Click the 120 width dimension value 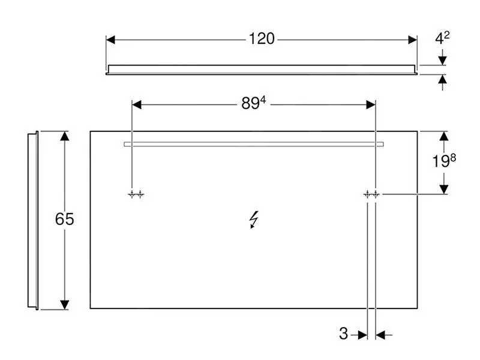pyautogui.click(x=262, y=39)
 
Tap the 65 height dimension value pyautogui.click(x=64, y=220)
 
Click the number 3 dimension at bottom pyautogui.click(x=343, y=334)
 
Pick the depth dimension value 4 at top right pyautogui.click(x=442, y=39)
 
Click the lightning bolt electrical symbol pyautogui.click(x=254, y=220)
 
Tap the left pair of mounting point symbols pyautogui.click(x=136, y=194)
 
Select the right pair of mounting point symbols pyautogui.click(x=370, y=194)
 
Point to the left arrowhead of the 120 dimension pyautogui.click(x=110, y=40)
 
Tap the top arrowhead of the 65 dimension pyautogui.click(x=65, y=136)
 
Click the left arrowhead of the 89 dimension pyautogui.click(x=136, y=104)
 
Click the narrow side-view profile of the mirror pyautogui.click(x=33, y=220)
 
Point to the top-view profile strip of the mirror pyautogui.click(x=262, y=69)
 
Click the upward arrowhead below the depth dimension pyautogui.click(x=443, y=79)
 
